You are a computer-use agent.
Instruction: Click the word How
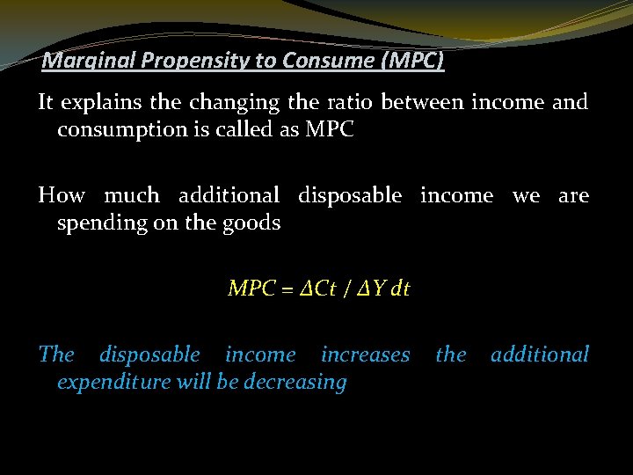click(x=62, y=195)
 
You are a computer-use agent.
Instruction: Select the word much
click(x=132, y=195)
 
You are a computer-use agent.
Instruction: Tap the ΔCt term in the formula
click(x=321, y=289)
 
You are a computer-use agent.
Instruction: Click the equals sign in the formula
click(x=287, y=289)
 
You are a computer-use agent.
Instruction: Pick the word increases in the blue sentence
click(x=365, y=354)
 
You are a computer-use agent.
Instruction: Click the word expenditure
click(x=113, y=382)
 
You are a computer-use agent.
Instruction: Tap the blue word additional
click(x=539, y=354)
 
